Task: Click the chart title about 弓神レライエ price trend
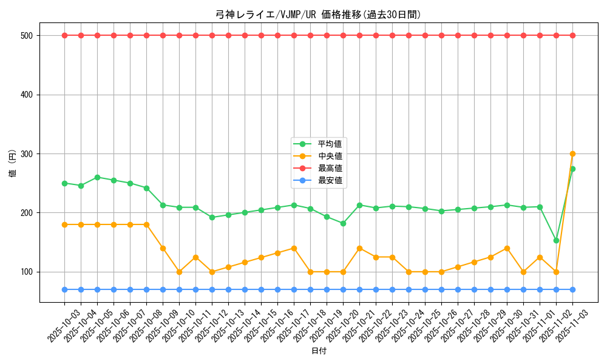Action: [318, 15]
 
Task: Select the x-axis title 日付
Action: [318, 351]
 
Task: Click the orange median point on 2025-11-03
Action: [572, 154]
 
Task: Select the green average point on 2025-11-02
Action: [556, 240]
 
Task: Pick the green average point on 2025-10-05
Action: [97, 177]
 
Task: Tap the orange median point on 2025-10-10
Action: [179, 272]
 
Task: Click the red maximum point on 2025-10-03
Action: [64, 35]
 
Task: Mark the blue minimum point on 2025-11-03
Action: [572, 289]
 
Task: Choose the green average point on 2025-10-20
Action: [343, 223]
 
